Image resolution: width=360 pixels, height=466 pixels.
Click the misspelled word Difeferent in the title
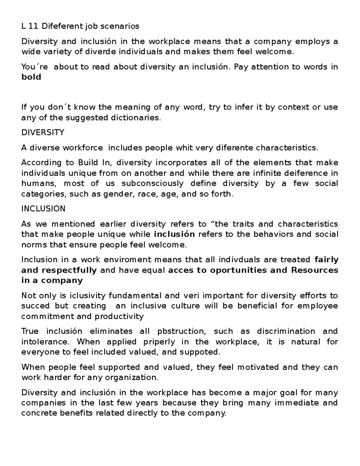click(61, 26)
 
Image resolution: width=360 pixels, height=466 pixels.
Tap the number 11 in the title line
click(34, 26)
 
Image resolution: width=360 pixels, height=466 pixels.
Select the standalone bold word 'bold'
click(31, 77)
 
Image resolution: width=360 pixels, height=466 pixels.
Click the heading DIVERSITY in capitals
click(43, 133)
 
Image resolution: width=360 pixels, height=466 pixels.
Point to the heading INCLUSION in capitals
click(43, 209)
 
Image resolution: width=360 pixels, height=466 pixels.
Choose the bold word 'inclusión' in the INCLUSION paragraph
click(174, 234)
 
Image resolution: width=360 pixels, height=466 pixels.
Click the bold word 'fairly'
click(326, 260)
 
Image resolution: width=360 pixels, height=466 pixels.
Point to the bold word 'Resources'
click(315, 270)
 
